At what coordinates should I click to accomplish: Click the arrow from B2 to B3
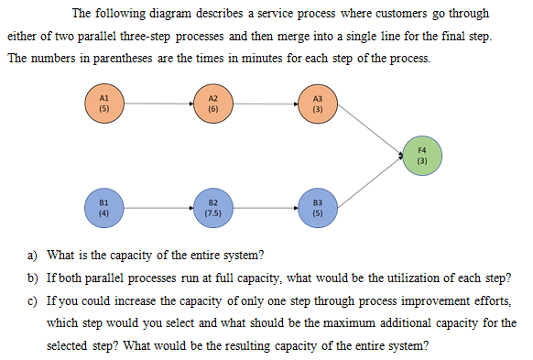[x=266, y=208]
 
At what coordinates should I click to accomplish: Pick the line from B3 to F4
[x=370, y=183]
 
